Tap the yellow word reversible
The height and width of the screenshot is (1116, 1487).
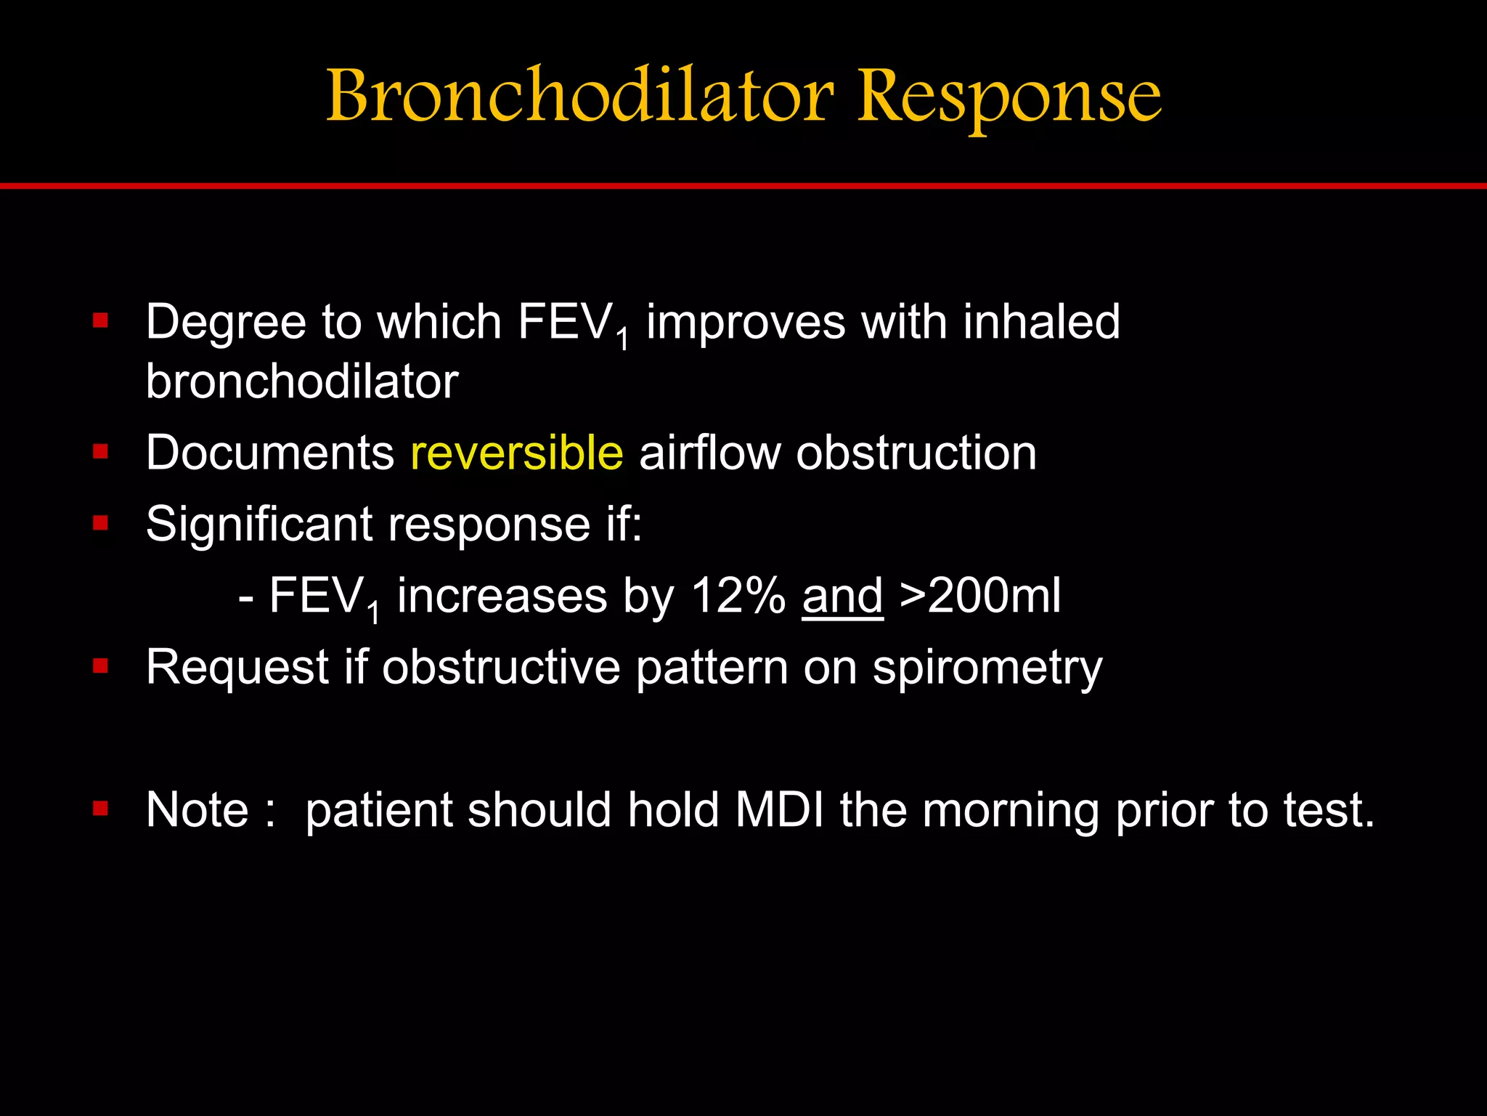[x=516, y=453]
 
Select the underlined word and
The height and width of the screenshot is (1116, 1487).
[x=842, y=596]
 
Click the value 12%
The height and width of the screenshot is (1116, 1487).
[x=738, y=596]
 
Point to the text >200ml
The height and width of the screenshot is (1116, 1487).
[x=980, y=596]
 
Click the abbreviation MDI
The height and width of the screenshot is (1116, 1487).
[x=779, y=809]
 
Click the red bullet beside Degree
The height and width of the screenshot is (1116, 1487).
[x=100, y=320]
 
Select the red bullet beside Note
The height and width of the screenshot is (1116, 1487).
[x=100, y=809]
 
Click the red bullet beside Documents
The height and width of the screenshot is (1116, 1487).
[x=100, y=452]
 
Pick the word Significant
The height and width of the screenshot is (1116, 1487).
[x=258, y=524]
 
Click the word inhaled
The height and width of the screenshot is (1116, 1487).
[x=1041, y=322]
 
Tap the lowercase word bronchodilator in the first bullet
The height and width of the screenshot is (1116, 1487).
[x=302, y=381]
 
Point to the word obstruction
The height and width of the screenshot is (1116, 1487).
[x=916, y=453]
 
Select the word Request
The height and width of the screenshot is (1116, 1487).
[x=237, y=667]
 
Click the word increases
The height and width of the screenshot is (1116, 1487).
[x=501, y=596]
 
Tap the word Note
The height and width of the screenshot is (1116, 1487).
[x=197, y=809]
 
